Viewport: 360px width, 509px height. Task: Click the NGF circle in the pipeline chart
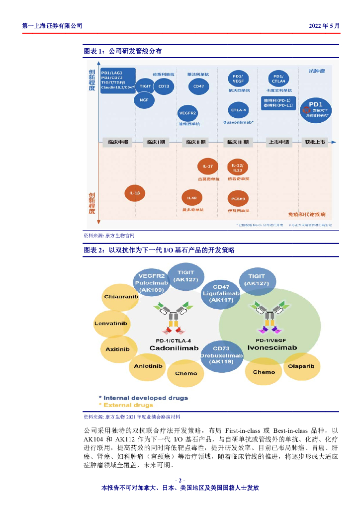coord(144,100)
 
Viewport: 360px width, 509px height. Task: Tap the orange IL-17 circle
coord(208,167)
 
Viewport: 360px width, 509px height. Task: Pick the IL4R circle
coord(192,198)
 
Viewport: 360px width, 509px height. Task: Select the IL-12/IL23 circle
coord(238,167)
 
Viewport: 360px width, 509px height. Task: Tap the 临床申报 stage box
coord(118,142)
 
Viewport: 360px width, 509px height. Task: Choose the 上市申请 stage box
coord(277,142)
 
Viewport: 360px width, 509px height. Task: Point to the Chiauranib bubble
coord(121,297)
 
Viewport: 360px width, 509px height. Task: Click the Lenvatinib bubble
coord(110,324)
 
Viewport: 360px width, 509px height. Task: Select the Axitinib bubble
coord(117,349)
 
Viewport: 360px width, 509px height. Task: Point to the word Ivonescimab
coord(269,348)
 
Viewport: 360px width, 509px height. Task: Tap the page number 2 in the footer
coord(180,480)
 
